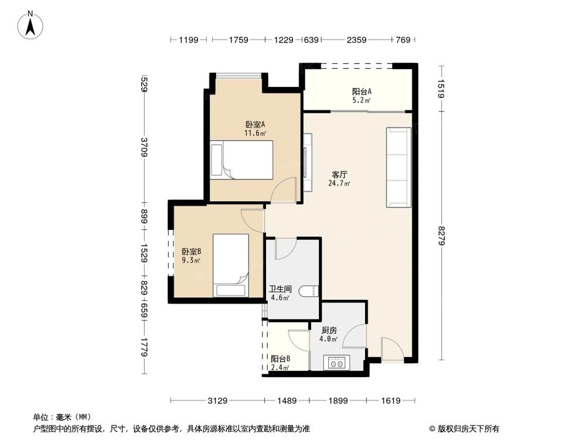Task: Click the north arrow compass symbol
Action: pos(30,25)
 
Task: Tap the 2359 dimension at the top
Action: pos(356,40)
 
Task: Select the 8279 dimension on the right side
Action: pos(442,236)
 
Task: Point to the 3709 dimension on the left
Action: pos(144,147)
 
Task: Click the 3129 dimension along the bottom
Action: pos(217,401)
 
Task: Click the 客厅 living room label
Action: pos(340,175)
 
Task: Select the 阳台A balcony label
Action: pos(362,92)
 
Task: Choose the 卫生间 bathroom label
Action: pos(280,289)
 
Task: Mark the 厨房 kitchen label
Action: pos(329,330)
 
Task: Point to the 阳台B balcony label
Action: pos(281,359)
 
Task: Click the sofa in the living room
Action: pos(398,167)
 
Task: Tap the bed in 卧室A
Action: pos(241,160)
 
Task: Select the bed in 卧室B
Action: pos(231,266)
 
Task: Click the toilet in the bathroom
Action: pos(310,291)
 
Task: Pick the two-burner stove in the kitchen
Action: pos(336,363)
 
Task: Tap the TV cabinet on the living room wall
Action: pos(307,163)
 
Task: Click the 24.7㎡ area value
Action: pos(339,184)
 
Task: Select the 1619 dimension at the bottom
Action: pos(390,401)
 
